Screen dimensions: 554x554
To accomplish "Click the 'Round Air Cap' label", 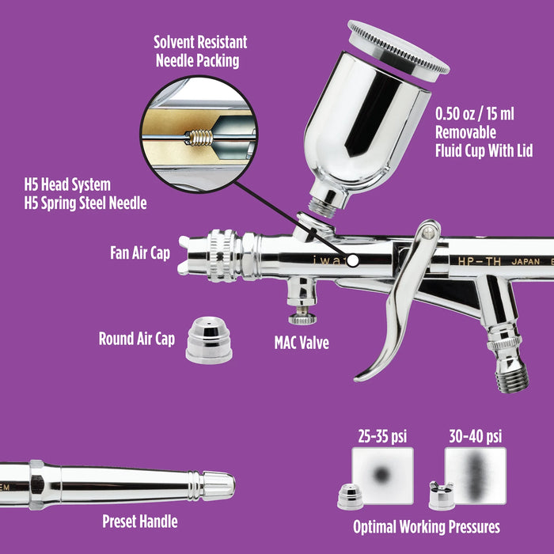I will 136,339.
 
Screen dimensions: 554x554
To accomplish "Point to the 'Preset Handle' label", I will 139,521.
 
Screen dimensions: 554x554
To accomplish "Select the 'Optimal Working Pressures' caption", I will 426,526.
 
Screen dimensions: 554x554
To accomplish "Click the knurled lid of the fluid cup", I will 399,47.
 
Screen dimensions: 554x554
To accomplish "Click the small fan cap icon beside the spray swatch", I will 440,496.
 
